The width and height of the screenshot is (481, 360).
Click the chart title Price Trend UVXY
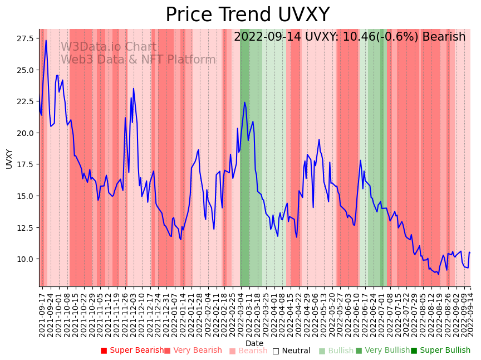(247, 15)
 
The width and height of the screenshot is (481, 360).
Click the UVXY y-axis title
(9, 158)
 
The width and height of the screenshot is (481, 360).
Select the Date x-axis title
(254, 343)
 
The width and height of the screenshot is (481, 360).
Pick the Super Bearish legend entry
(132, 351)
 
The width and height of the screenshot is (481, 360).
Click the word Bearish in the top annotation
(444, 37)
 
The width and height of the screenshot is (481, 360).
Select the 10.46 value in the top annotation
(335, 37)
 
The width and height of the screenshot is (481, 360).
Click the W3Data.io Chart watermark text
(109, 47)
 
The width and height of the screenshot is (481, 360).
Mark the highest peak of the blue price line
(46, 40)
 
